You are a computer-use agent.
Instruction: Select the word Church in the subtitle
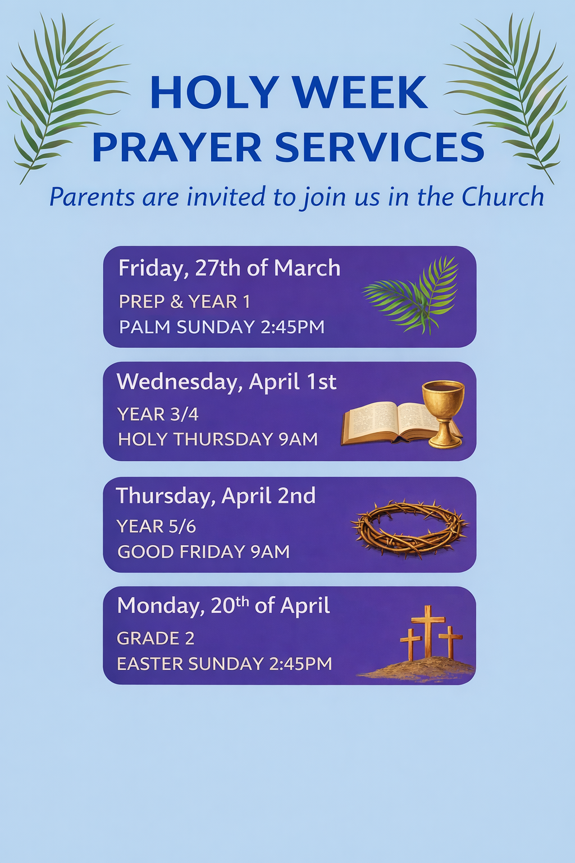pyautogui.click(x=503, y=197)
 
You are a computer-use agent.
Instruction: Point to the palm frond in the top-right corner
pyautogui.click(x=508, y=96)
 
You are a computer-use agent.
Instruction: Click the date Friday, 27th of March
pyautogui.click(x=230, y=268)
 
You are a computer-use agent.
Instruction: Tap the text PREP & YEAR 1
pyautogui.click(x=185, y=301)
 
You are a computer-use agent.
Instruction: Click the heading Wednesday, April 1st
pyautogui.click(x=227, y=382)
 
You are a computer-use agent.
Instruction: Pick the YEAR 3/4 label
pyautogui.click(x=158, y=414)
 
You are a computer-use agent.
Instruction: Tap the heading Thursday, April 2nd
pyautogui.click(x=216, y=496)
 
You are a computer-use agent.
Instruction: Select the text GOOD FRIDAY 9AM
pyautogui.click(x=203, y=552)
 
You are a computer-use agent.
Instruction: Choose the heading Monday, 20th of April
pyautogui.click(x=223, y=606)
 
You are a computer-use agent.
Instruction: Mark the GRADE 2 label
pyautogui.click(x=156, y=638)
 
